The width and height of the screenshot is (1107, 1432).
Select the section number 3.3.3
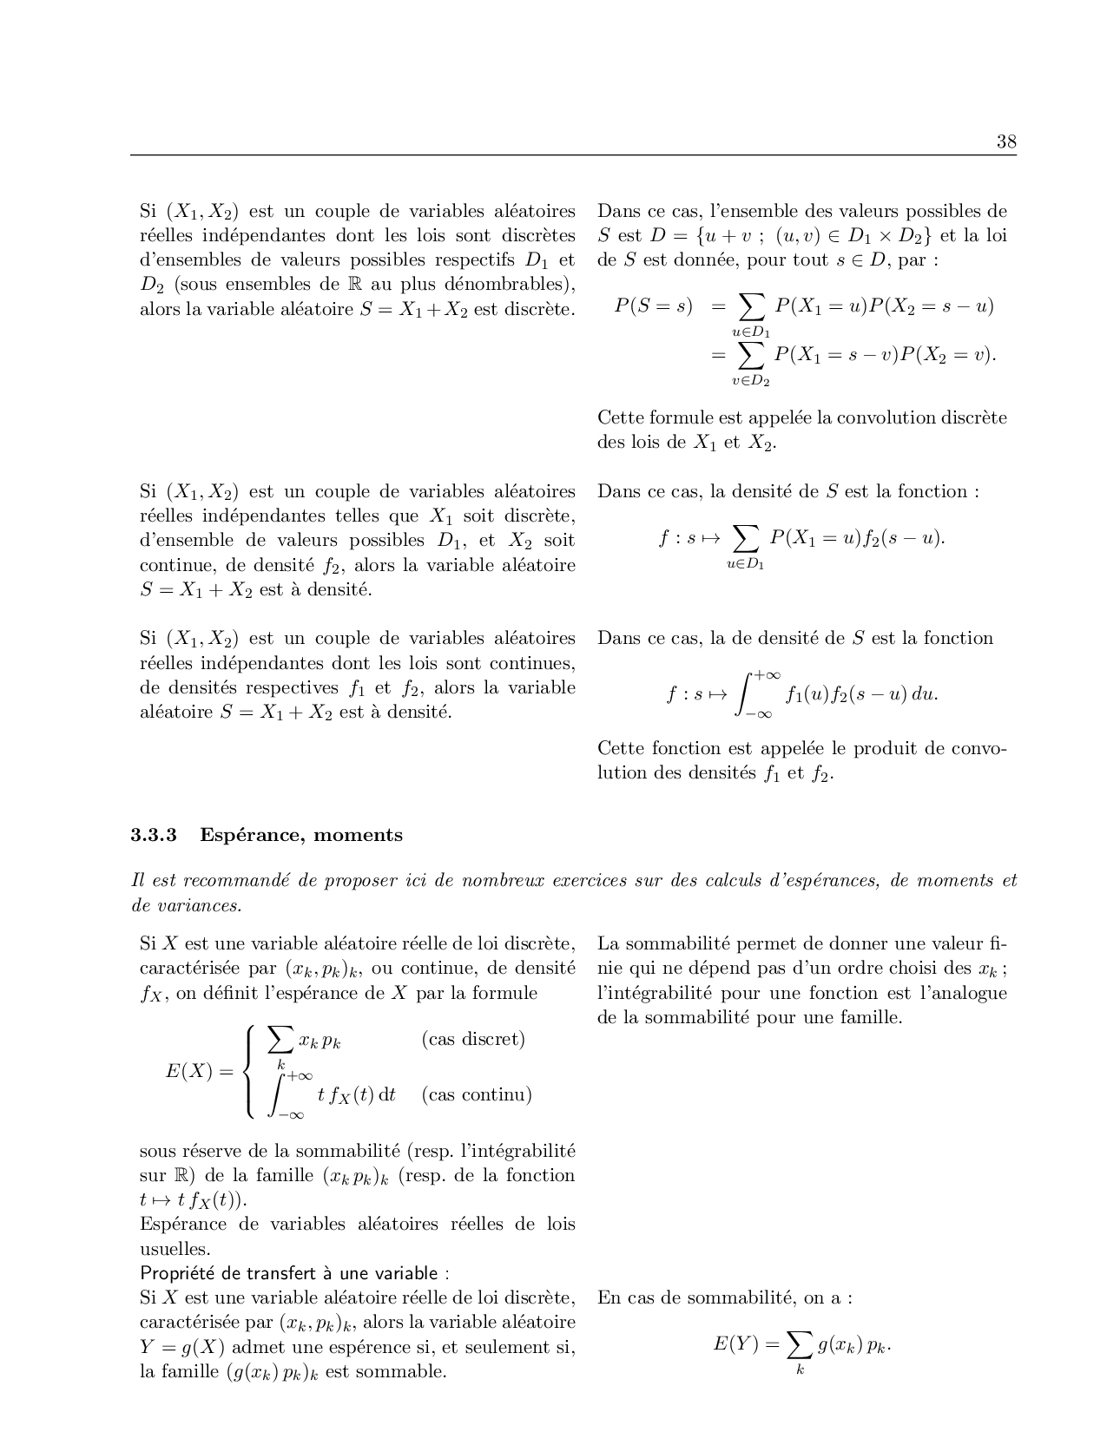point(154,835)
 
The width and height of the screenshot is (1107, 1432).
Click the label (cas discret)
point(473,1039)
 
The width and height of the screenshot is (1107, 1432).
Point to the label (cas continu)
point(477,1094)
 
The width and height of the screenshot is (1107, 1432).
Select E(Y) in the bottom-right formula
point(735,1344)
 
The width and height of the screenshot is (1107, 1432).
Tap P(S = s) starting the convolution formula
point(653,305)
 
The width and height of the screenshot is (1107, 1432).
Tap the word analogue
point(966,993)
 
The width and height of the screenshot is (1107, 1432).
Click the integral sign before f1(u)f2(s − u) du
point(744,694)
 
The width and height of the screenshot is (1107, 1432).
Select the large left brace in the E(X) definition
point(250,1071)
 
